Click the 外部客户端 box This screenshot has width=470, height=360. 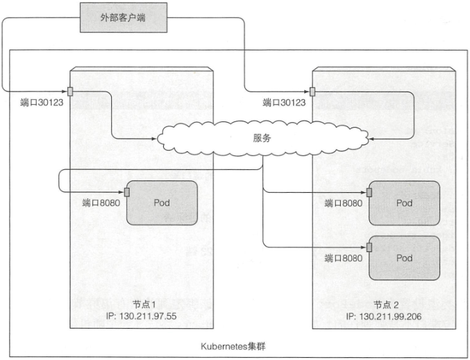coord(124,17)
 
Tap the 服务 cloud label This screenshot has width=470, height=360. coord(262,138)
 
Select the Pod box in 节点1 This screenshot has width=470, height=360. coord(162,203)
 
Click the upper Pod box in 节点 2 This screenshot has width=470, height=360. coord(404,203)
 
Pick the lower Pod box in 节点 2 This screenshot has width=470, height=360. coord(404,258)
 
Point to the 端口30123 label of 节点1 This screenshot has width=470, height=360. coord(42,103)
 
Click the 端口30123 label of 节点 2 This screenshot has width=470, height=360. coord(284,103)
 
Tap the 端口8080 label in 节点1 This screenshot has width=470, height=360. coord(101,203)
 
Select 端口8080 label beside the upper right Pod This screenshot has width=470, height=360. coord(344,203)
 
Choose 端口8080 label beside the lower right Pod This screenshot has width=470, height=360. coord(344,258)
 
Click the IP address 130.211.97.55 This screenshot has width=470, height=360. coord(141,316)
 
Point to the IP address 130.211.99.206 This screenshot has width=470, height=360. coord(384,316)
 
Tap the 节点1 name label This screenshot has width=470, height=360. coord(144,305)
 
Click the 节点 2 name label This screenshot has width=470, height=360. coord(387,305)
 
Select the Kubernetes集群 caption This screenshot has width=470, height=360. coord(233,347)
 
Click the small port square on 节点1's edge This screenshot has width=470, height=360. coord(70,92)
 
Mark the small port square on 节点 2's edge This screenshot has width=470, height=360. coord(312,92)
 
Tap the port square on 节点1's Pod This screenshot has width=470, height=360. coord(127,191)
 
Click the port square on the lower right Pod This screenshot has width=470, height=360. coord(369,248)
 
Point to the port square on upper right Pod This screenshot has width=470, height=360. coord(369,192)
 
